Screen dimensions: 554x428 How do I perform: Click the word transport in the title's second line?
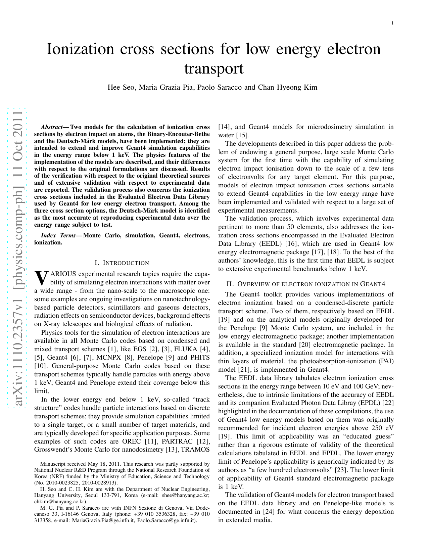[214, 68]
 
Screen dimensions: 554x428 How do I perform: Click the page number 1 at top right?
[392, 23]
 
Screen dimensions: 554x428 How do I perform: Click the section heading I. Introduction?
[122, 263]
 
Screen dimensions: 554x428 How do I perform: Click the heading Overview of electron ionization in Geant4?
[306, 284]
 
